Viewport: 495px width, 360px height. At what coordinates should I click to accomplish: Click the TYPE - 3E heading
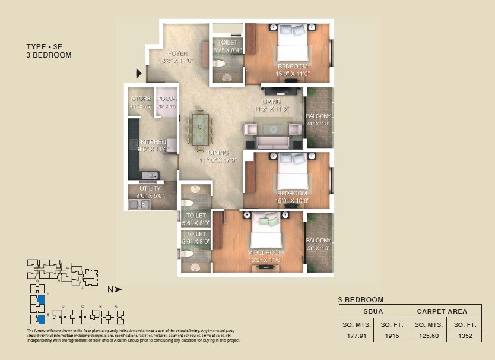coord(45,46)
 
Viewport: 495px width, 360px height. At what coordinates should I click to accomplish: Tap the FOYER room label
coord(177,52)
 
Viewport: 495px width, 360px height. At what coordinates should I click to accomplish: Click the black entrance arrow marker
coord(139,73)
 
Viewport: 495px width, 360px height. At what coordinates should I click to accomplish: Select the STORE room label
coord(141,99)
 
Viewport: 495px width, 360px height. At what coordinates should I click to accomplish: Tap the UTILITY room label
coord(150,188)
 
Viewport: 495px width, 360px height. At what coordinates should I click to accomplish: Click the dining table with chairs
coord(199,127)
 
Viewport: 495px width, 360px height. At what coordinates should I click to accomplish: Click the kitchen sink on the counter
coord(153,175)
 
